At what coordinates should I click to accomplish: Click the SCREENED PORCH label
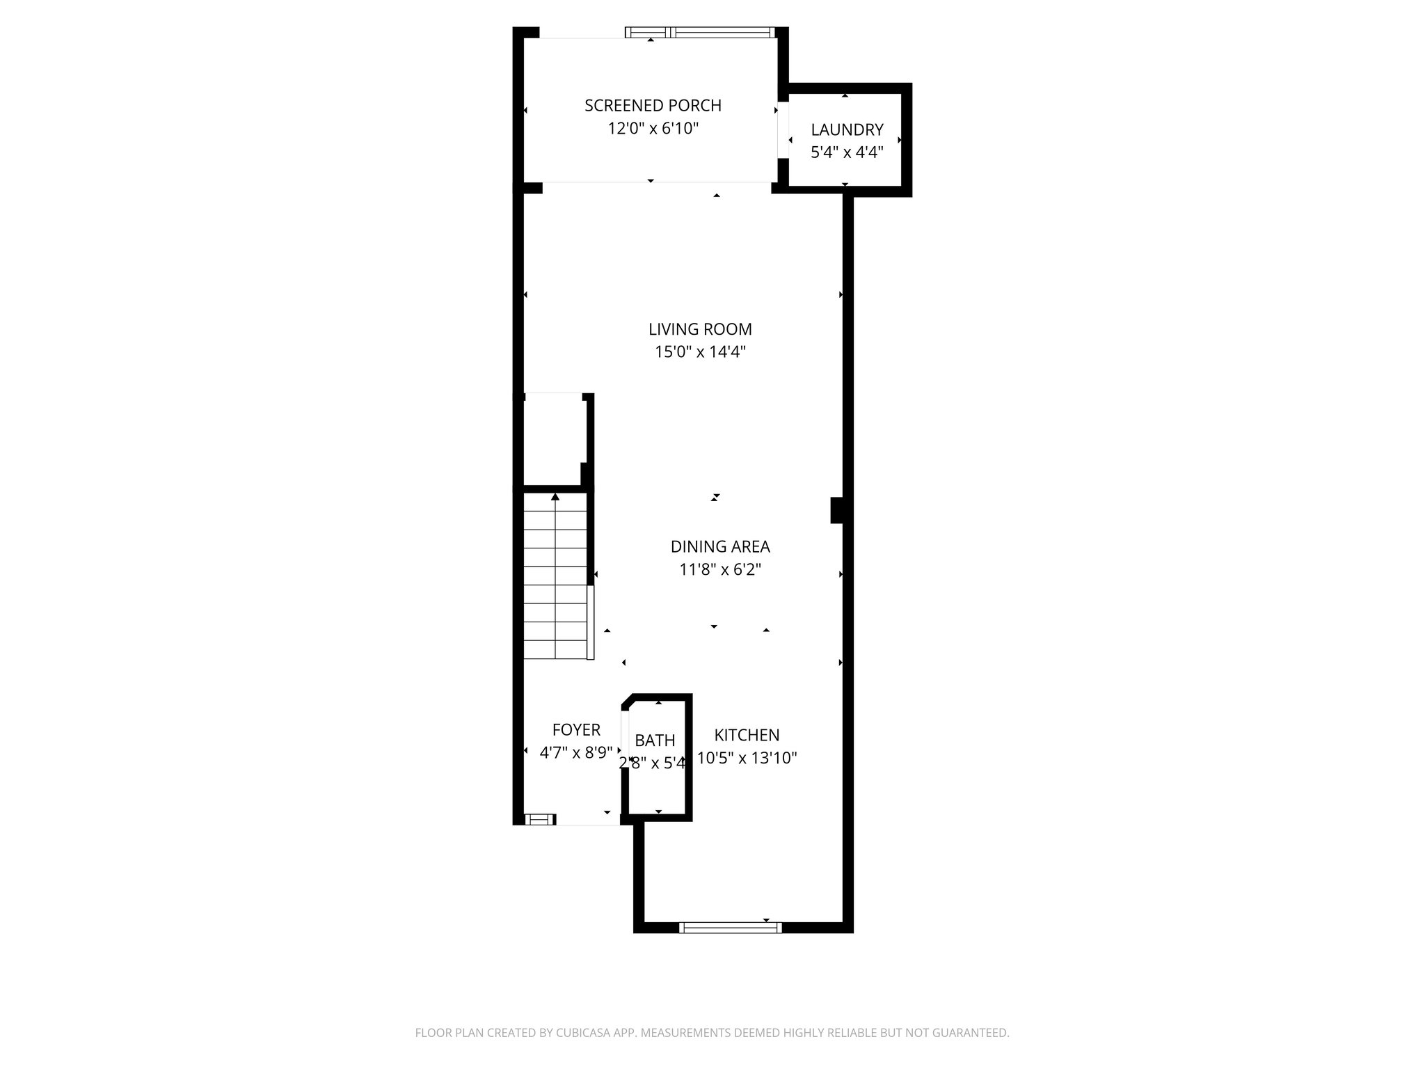(x=653, y=106)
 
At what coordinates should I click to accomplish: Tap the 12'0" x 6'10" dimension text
(x=653, y=129)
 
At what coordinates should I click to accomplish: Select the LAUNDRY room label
(x=847, y=129)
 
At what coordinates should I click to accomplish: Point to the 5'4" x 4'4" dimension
(x=847, y=152)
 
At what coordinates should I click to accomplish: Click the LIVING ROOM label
(x=700, y=329)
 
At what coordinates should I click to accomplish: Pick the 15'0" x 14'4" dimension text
(x=700, y=352)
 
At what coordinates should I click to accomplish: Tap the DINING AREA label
(x=720, y=547)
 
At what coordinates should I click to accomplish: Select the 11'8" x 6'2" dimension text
(x=720, y=570)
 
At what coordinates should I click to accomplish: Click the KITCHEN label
(x=747, y=735)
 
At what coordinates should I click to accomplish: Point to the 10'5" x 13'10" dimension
(x=747, y=758)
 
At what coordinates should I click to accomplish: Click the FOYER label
(x=576, y=730)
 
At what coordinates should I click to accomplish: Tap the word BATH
(x=655, y=741)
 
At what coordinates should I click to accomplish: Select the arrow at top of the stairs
(x=555, y=497)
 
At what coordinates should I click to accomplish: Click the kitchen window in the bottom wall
(x=730, y=927)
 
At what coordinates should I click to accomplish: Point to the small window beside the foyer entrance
(x=539, y=820)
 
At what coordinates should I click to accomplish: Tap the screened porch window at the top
(x=699, y=32)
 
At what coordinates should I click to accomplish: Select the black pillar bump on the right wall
(x=837, y=510)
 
